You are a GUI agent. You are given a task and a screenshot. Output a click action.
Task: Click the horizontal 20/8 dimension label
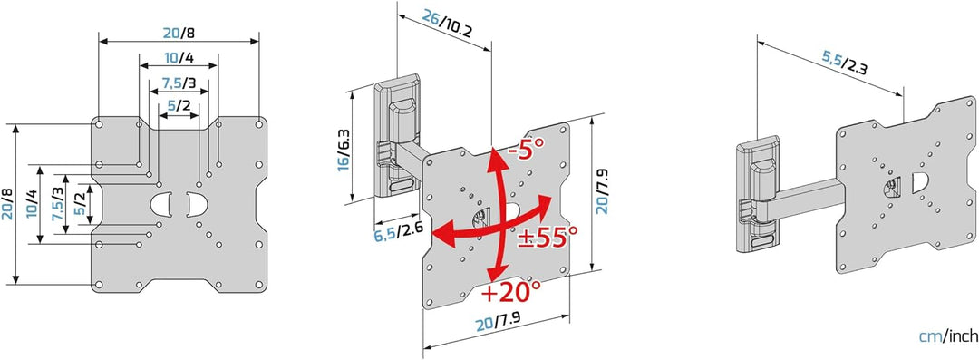tap(179, 32)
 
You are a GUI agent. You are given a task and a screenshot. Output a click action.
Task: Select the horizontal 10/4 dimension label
tap(179, 58)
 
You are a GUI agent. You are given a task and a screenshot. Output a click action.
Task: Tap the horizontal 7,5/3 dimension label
tap(179, 83)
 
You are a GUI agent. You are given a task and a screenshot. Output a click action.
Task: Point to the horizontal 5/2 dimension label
tap(179, 105)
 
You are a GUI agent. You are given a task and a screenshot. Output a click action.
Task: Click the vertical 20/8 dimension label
tap(7, 203)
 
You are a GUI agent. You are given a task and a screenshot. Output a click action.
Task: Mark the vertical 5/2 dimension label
tap(80, 203)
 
